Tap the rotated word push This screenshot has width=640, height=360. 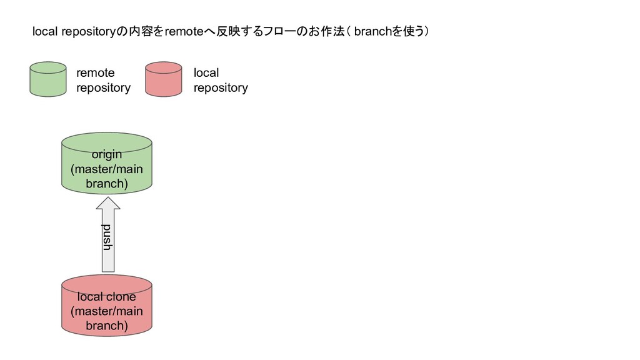[107, 237]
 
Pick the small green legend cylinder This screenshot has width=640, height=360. [48, 79]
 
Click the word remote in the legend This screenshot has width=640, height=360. [95, 73]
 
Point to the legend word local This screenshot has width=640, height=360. [206, 73]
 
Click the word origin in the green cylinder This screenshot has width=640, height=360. [107, 154]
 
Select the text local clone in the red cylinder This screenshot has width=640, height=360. [107, 297]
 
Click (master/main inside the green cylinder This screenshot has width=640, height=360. [107, 169]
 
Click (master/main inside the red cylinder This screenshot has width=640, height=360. [107, 311]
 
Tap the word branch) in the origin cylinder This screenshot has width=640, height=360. [107, 184]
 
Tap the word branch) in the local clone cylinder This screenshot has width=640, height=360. [107, 326]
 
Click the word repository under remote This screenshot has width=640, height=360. [103, 88]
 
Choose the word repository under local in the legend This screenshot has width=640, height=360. [221, 88]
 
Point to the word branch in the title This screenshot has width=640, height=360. [372, 32]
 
